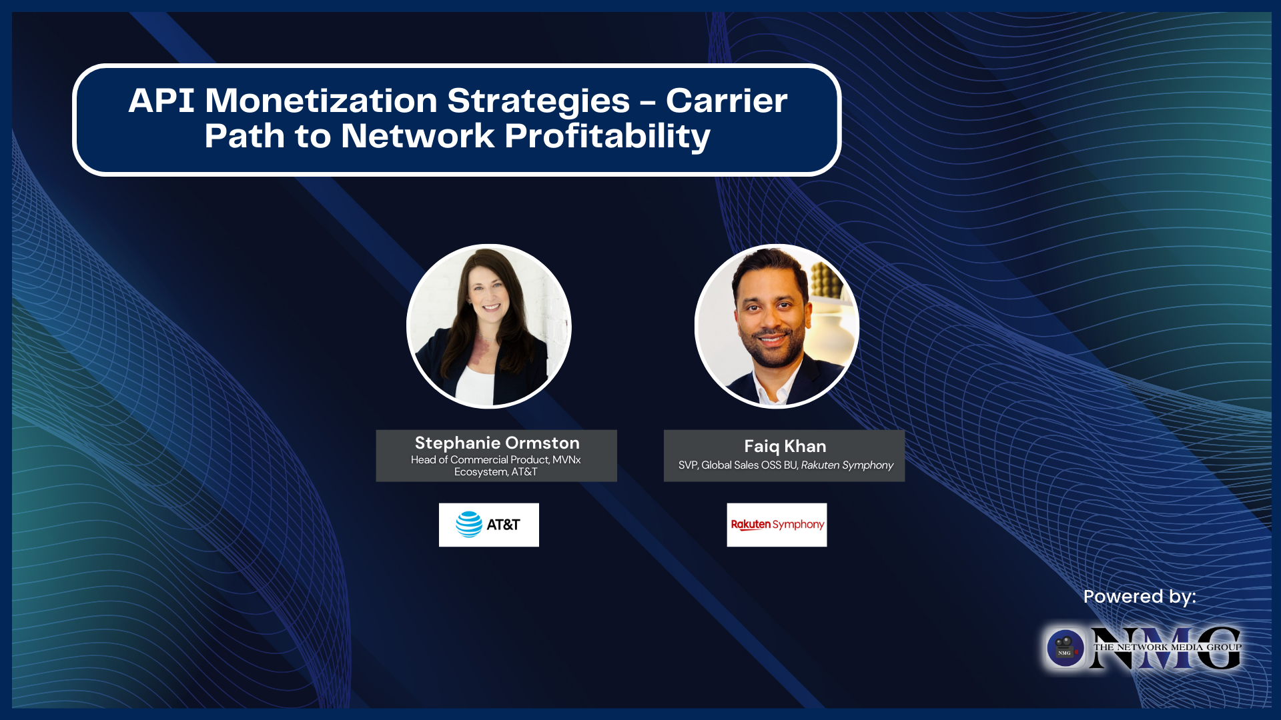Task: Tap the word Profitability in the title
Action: coord(607,137)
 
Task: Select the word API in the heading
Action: coord(161,101)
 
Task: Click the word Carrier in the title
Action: coord(727,101)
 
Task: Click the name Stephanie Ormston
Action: coord(497,443)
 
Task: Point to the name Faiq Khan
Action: coord(785,446)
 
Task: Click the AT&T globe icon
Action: coord(468,525)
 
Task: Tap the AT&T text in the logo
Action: coord(503,525)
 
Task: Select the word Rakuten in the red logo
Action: coord(751,525)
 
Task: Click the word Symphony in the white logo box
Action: coord(798,525)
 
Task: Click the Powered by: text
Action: coord(1140,596)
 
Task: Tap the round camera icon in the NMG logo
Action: coord(1065,647)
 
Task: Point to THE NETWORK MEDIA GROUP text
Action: coord(1167,647)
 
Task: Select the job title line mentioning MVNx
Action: coord(496,460)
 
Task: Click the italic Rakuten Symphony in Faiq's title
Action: coord(847,465)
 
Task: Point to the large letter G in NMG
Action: coord(1218,648)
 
